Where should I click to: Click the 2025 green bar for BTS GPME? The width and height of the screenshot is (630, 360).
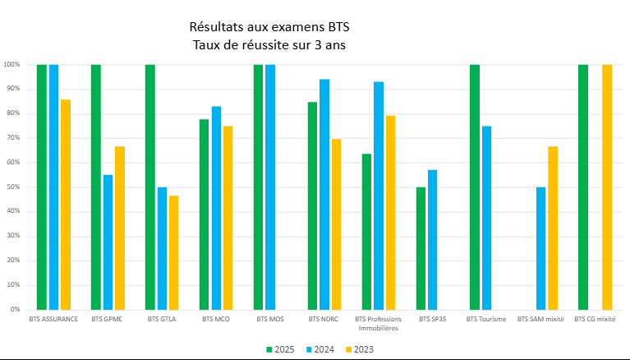point(95,187)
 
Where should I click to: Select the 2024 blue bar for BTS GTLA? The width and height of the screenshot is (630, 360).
point(162,248)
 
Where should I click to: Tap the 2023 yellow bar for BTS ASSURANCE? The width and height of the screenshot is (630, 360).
point(65,205)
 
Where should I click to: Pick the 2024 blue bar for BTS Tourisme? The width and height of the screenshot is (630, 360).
point(486,218)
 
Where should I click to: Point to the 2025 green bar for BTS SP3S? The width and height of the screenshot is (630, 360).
point(421,248)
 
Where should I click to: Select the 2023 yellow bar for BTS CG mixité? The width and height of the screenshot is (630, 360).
point(607,187)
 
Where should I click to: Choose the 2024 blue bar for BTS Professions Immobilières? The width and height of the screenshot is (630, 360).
point(378,196)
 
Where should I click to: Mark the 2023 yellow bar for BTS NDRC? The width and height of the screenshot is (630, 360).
point(336,224)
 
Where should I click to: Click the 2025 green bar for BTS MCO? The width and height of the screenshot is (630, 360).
point(204,215)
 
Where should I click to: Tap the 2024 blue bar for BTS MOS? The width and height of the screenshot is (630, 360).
point(270,187)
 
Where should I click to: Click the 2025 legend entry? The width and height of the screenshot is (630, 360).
point(279,349)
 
